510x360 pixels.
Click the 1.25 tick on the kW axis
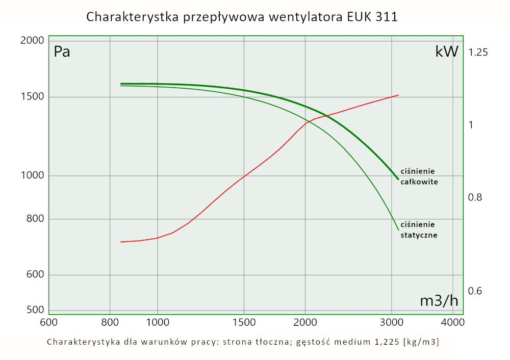[478, 53]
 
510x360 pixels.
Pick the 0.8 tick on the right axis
[475, 197]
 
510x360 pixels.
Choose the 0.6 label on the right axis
[475, 291]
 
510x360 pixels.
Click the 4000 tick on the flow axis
[452, 322]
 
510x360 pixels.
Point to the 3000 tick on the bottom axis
[391, 322]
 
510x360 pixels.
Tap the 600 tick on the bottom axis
[48, 322]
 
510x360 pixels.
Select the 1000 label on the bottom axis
[157, 322]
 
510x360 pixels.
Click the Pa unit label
[62, 52]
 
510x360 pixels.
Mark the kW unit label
[447, 52]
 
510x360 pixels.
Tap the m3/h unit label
[439, 301]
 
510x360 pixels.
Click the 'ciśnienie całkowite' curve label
[419, 176]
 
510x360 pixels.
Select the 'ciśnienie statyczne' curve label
[419, 230]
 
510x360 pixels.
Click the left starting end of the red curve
[120, 242]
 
